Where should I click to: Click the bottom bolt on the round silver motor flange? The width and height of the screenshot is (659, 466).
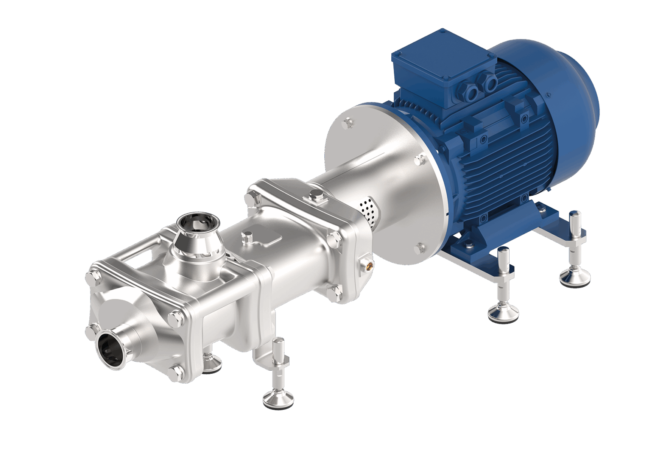pos(420,248)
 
